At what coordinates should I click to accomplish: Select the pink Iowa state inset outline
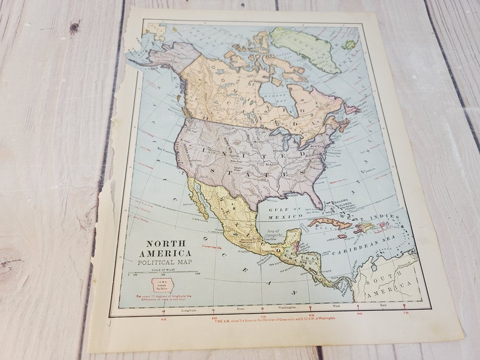coord(163,285)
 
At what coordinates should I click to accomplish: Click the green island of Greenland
coord(305,48)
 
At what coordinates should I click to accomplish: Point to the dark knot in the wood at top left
coord(74,27)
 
